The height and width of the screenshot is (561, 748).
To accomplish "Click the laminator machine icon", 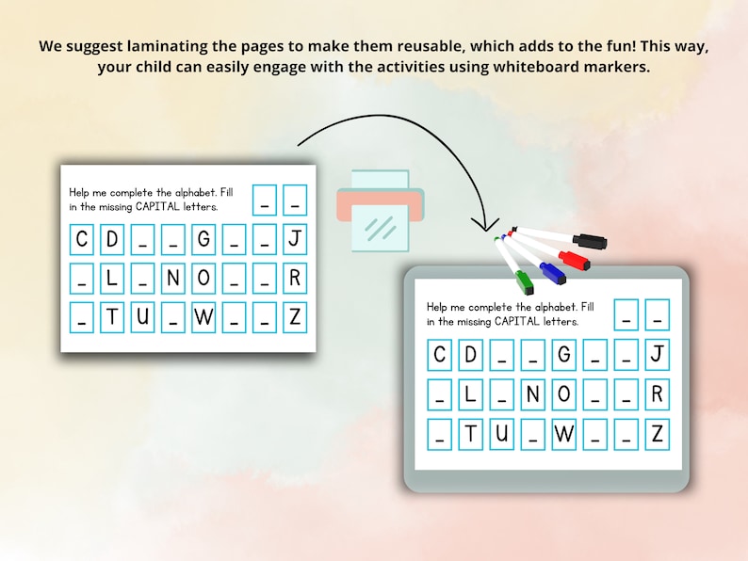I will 380,211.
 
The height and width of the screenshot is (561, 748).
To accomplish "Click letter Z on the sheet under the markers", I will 657,434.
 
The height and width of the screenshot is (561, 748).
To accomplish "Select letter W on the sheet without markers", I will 203,316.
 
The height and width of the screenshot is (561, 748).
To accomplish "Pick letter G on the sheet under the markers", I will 563,356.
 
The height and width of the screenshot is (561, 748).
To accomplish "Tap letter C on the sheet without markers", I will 82,239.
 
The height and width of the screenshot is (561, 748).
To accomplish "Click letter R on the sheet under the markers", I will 657,394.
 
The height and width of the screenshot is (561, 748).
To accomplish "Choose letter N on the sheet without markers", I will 173,278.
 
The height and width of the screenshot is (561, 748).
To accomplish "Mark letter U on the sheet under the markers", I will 501,434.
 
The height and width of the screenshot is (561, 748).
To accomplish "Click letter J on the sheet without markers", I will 295,239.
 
